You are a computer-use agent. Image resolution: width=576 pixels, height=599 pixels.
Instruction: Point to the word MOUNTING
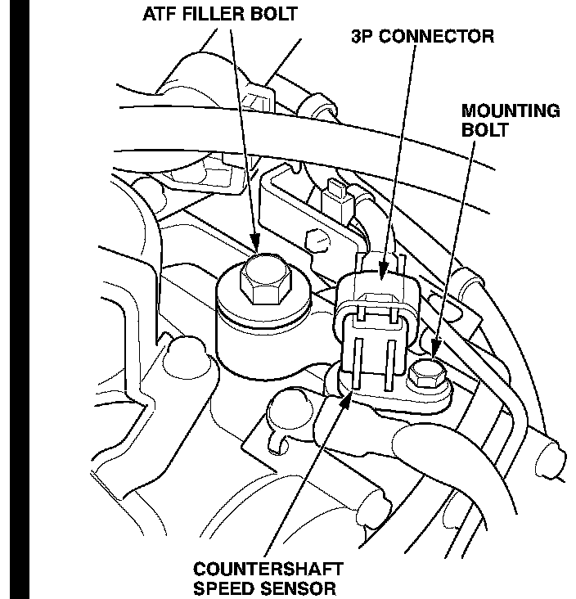pyautogui.click(x=511, y=110)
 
